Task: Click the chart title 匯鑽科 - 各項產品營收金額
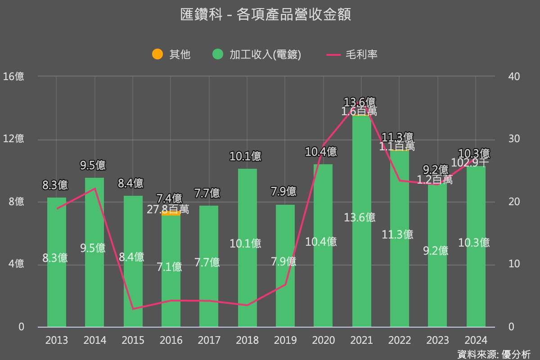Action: pos(265,15)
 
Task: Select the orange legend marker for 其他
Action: pos(157,54)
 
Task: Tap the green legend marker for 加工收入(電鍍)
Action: pos(218,54)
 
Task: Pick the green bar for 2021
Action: pos(361,180)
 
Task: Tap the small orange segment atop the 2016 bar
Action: pos(171,214)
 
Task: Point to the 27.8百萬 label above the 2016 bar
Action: pos(168,209)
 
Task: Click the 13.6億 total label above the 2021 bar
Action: pos(360,102)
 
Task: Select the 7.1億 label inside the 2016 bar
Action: pos(169,267)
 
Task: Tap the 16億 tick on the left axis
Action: pos(13,76)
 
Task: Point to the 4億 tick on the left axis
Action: pos(16,264)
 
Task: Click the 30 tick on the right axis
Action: pos(513,139)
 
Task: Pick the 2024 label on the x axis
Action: pos(476,340)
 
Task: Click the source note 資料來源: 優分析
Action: pos(494,354)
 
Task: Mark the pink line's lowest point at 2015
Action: pos(133,309)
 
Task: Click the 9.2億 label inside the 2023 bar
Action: pos(436,251)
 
